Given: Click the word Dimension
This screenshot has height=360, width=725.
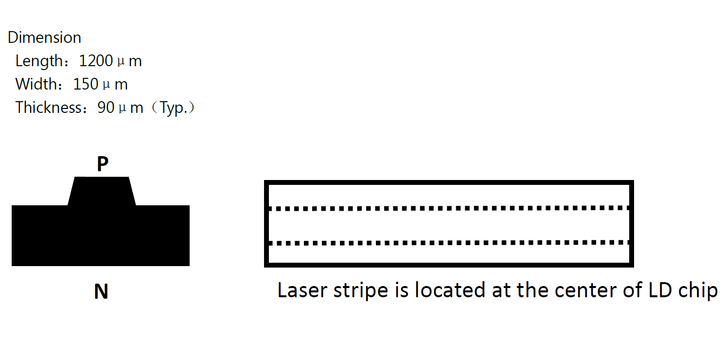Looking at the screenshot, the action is coord(44,37).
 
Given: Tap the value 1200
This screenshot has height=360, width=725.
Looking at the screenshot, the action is coord(96,61).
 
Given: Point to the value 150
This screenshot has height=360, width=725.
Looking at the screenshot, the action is coord(86,84).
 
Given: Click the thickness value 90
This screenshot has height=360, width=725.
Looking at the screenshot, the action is coord(106,108).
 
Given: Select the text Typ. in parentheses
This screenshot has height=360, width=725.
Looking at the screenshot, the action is coord(174,108).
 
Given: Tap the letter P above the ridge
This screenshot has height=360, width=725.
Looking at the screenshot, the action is coord(103,164).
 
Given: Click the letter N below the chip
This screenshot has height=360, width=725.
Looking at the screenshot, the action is coord(101,291).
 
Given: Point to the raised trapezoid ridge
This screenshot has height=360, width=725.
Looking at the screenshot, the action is coord(102,191).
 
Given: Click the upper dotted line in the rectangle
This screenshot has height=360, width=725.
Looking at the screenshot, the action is coord(449,208).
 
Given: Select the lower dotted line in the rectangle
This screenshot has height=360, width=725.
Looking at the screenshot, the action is coord(449,243).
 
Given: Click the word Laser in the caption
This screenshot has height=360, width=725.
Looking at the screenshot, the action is coord(302,290).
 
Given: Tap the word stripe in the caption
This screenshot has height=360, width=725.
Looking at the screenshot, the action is coord(361,291).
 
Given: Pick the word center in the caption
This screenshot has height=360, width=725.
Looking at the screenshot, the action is coord(585,290).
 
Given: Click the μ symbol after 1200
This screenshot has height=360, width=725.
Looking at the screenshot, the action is coord(121,62).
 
